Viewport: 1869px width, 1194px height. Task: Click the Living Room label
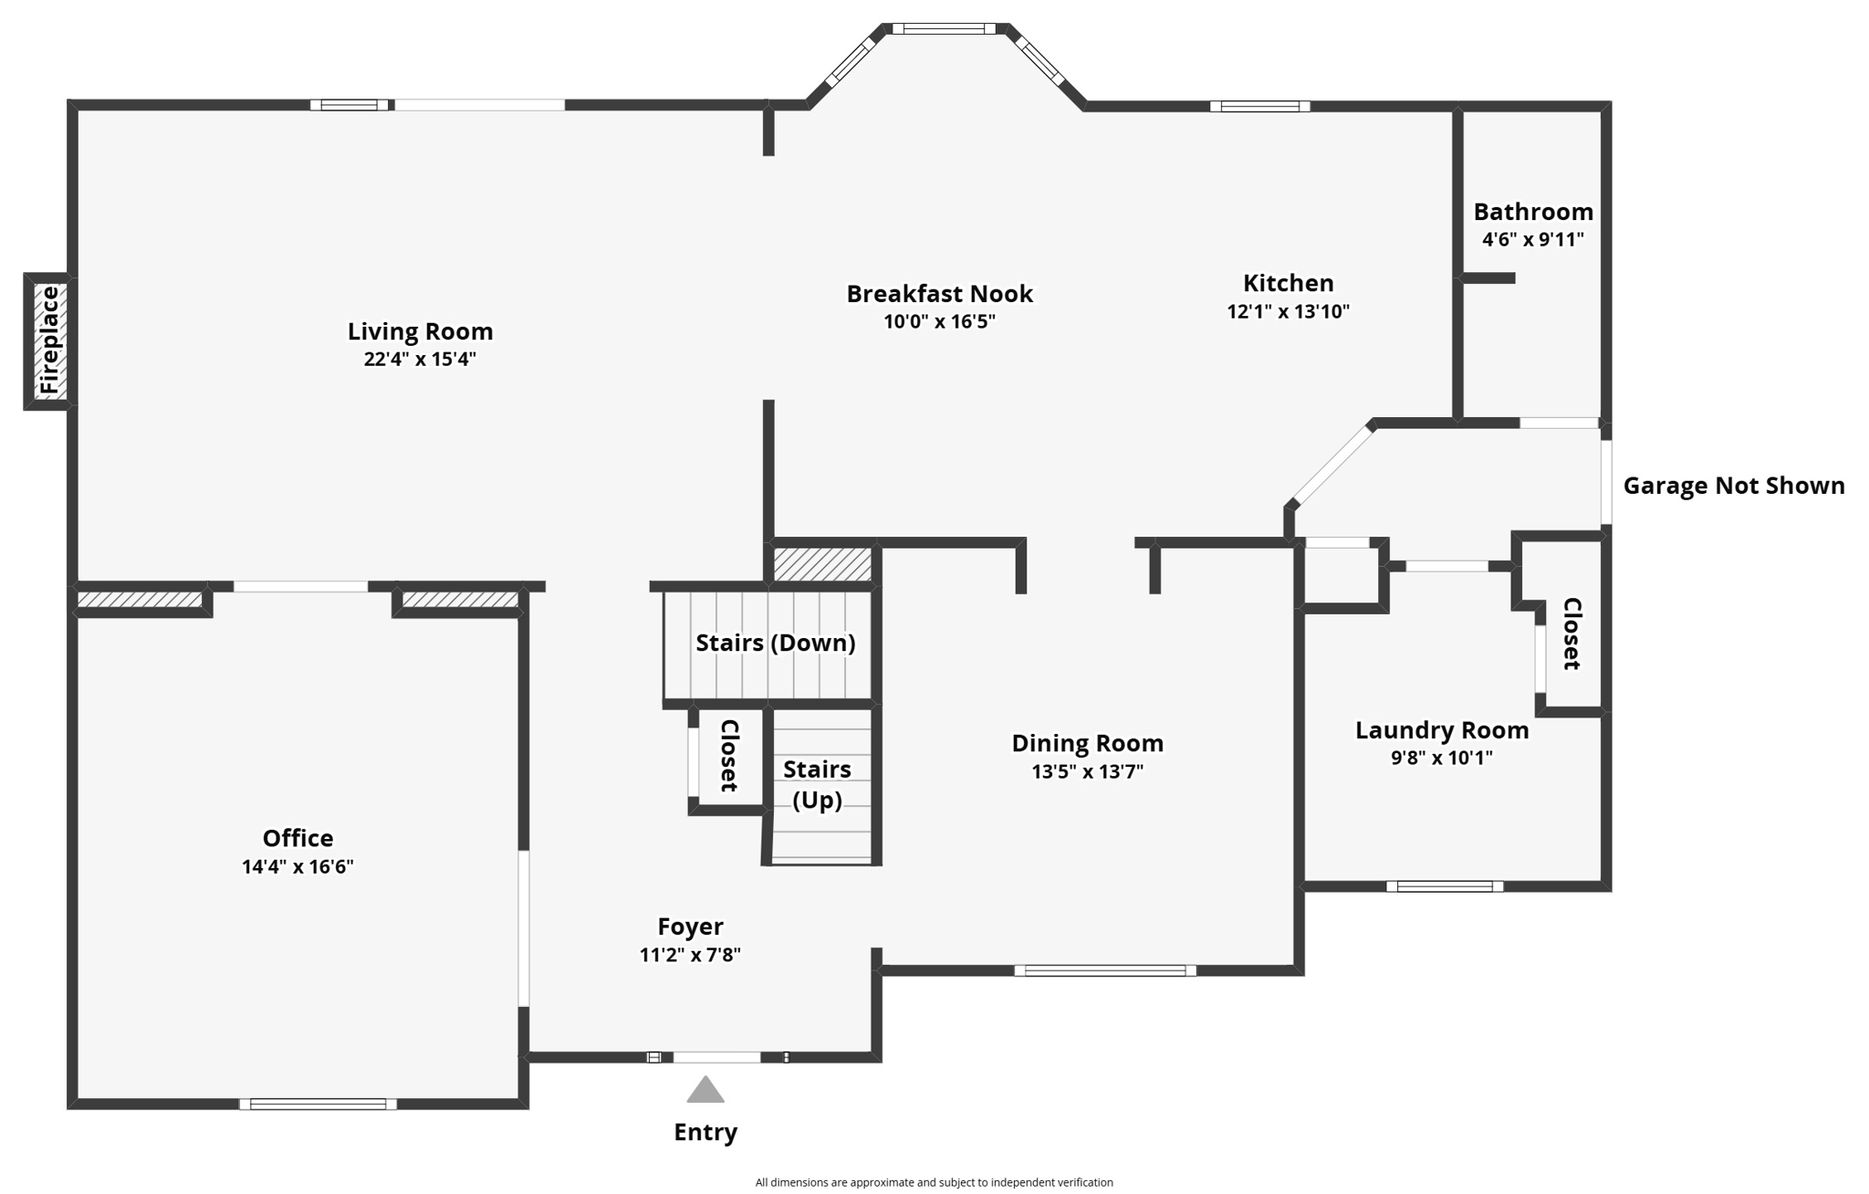pyautogui.click(x=420, y=331)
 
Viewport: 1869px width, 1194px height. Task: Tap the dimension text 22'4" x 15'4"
pyautogui.click(x=420, y=359)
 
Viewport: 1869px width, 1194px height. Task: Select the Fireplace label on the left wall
pyautogui.click(x=49, y=340)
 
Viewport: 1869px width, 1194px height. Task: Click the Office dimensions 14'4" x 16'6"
pyautogui.click(x=298, y=866)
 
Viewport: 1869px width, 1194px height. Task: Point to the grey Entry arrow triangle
pyautogui.click(x=705, y=1091)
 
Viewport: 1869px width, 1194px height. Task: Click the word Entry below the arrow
pyautogui.click(x=705, y=1132)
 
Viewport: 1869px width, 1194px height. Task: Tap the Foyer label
pyautogui.click(x=690, y=927)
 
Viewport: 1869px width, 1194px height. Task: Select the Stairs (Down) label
pyautogui.click(x=776, y=643)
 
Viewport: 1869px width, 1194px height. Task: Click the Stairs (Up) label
pyautogui.click(x=817, y=784)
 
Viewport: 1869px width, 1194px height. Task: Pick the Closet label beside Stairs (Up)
pyautogui.click(x=729, y=756)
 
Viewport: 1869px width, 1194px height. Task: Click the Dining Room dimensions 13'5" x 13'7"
pyautogui.click(x=1087, y=771)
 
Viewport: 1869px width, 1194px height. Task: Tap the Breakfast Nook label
pyautogui.click(x=939, y=294)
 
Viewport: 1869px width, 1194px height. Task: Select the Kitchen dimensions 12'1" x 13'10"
pyautogui.click(x=1288, y=311)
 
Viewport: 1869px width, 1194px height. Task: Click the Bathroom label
pyautogui.click(x=1533, y=212)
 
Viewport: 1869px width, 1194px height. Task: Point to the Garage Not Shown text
pyautogui.click(x=1734, y=486)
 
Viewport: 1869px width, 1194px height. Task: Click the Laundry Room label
pyautogui.click(x=1442, y=730)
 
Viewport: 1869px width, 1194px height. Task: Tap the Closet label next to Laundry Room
pyautogui.click(x=1571, y=634)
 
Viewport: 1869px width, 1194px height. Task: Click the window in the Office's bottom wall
pyautogui.click(x=318, y=1105)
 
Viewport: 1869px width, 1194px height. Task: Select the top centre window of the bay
pyautogui.click(x=944, y=29)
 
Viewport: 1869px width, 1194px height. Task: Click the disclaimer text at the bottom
pyautogui.click(x=934, y=1182)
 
